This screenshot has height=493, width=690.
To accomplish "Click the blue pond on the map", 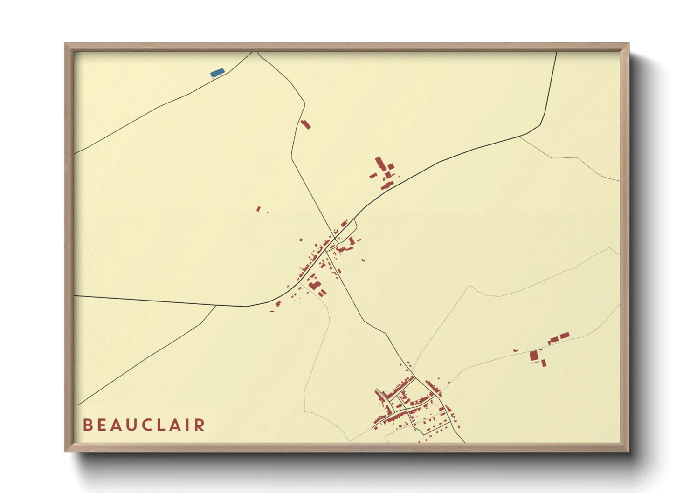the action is tap(217, 73).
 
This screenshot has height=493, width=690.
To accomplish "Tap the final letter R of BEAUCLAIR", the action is tap(200, 425).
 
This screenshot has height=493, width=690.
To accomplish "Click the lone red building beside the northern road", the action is tap(305, 124).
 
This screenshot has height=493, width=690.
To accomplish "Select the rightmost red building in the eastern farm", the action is tap(564, 336).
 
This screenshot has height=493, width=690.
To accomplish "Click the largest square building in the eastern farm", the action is tap(534, 356).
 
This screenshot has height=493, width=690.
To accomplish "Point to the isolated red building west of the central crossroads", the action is tap(258, 209).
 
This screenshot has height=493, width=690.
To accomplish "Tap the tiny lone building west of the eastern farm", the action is tap(515, 350).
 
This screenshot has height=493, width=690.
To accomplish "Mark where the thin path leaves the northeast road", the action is tap(520, 137).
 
